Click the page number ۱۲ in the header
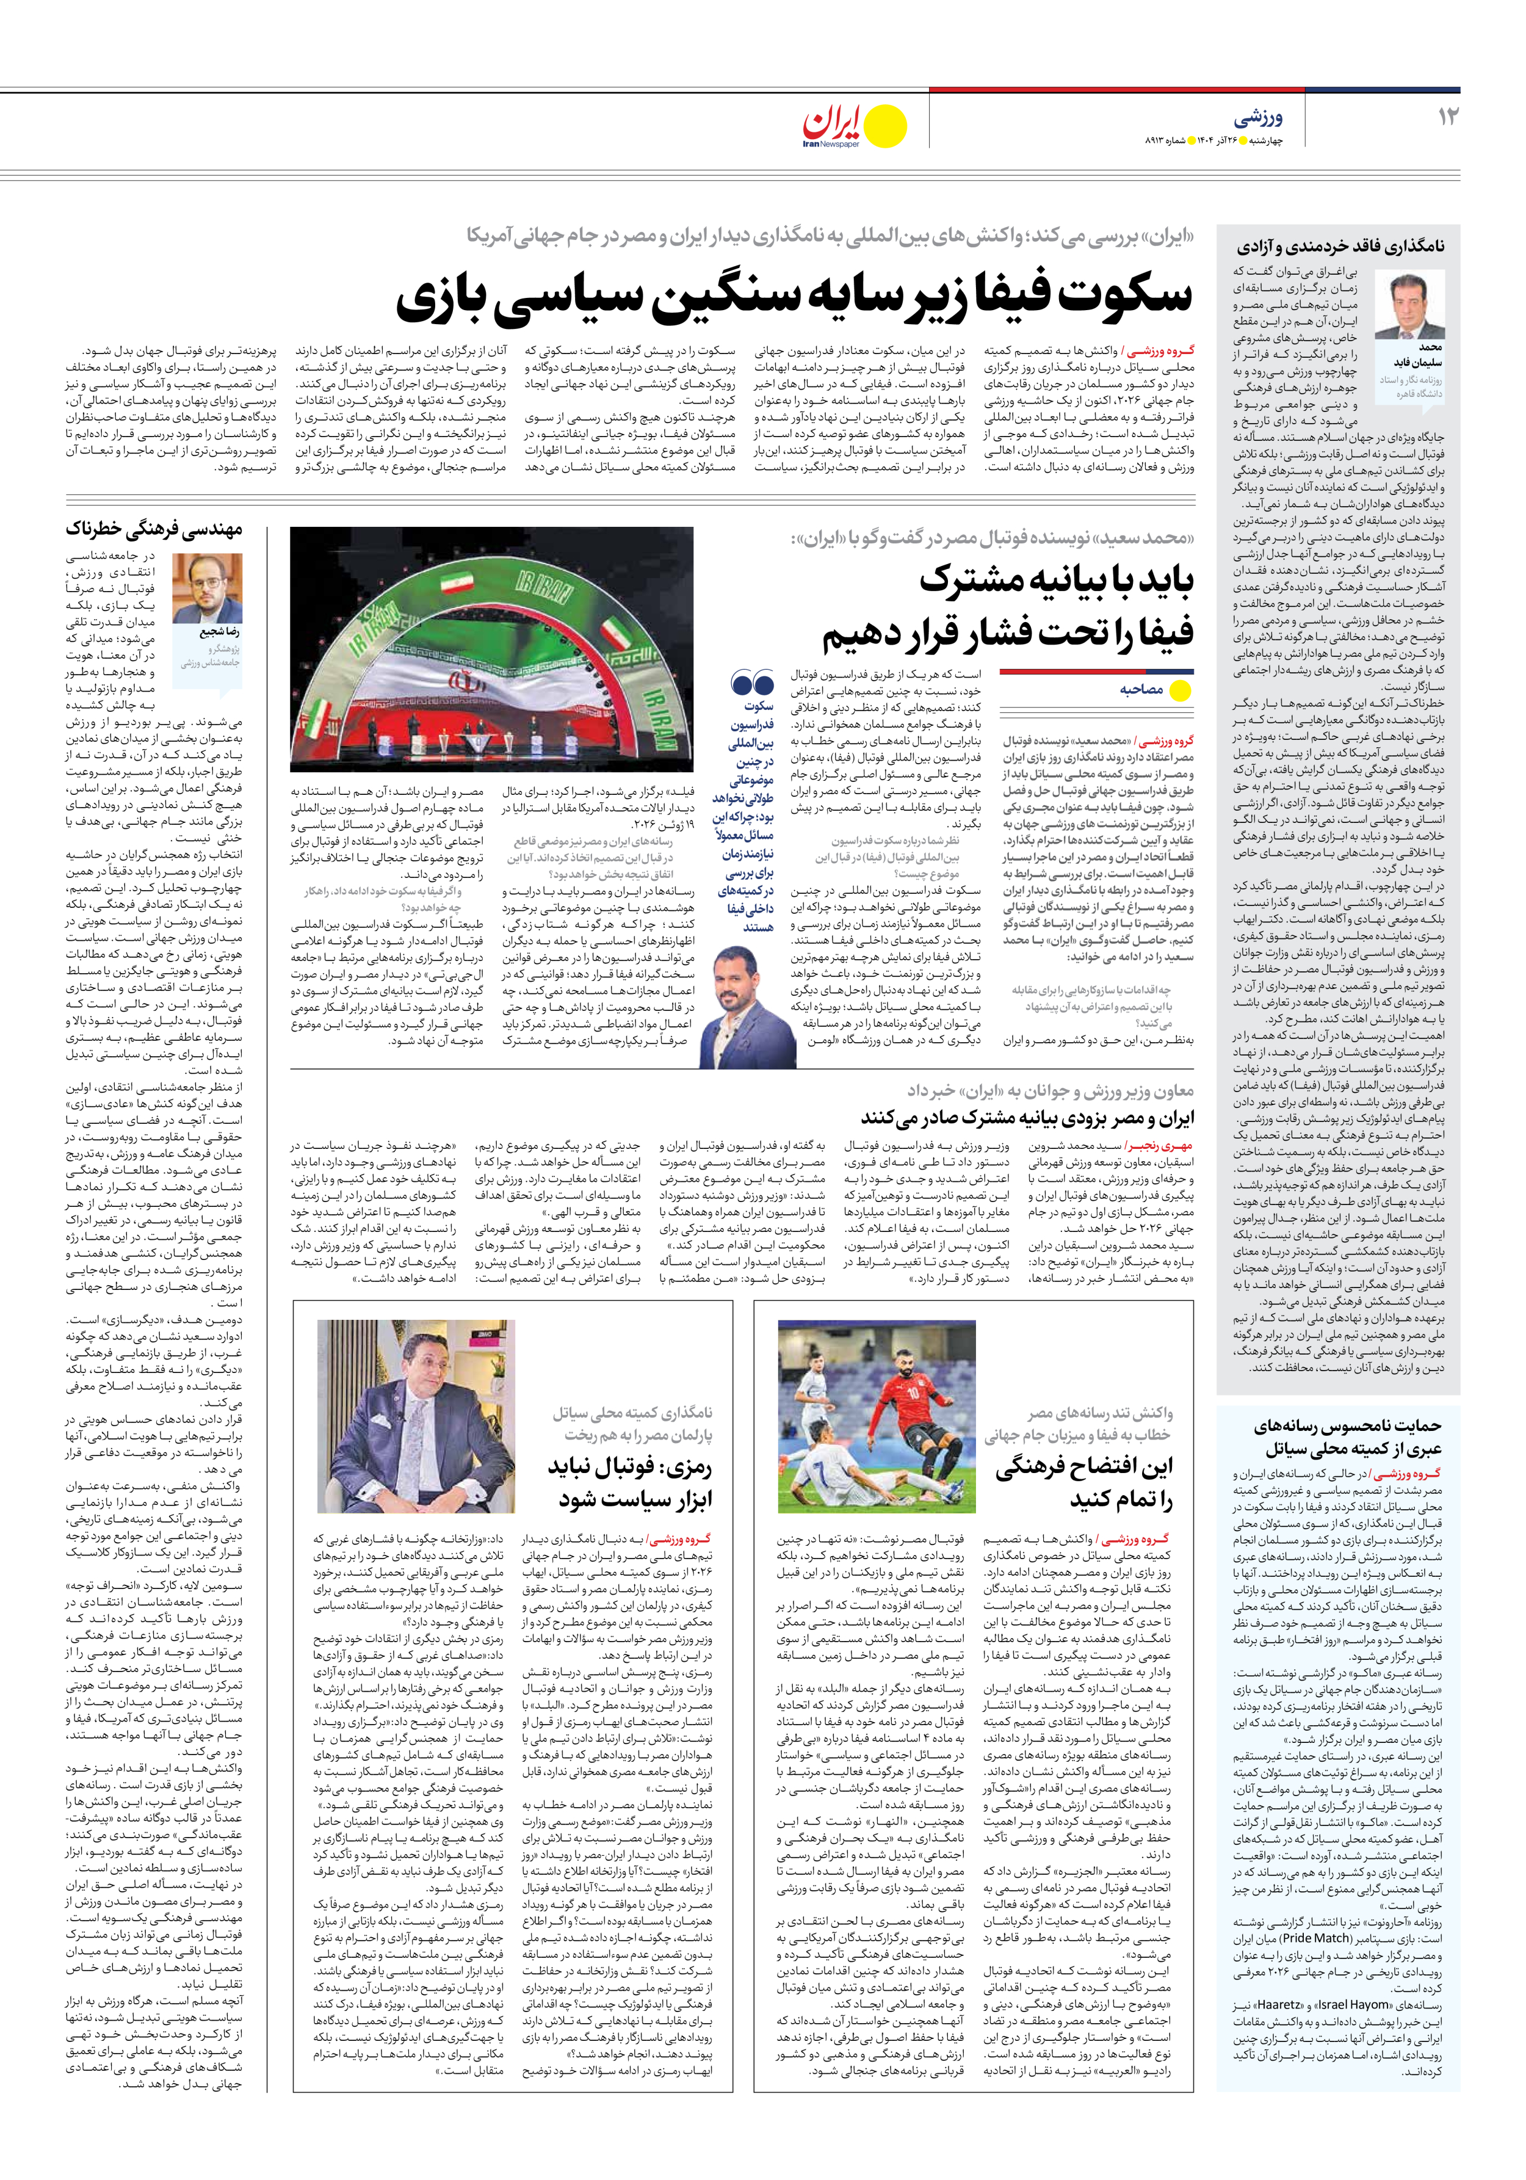click(1448, 117)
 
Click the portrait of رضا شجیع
click(207, 588)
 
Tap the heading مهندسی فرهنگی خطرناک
click(154, 529)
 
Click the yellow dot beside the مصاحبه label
click(1181, 690)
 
